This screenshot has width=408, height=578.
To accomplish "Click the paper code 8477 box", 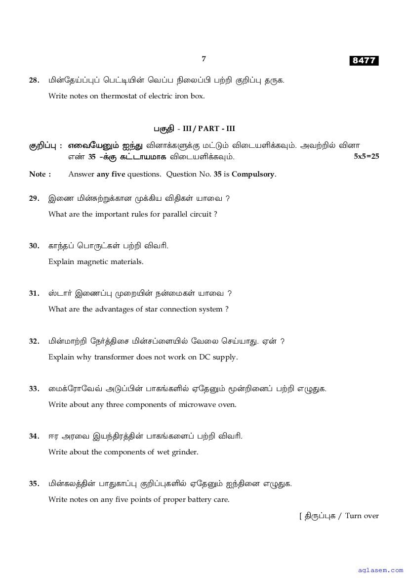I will (364, 61).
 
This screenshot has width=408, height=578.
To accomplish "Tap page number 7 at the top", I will (204, 59).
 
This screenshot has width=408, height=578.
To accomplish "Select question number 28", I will (34, 80).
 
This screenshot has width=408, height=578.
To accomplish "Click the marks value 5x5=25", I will (367, 156).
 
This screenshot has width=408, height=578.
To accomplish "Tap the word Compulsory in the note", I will (253, 174).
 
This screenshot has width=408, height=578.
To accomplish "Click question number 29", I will (34, 198).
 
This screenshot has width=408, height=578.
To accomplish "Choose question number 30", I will (34, 246).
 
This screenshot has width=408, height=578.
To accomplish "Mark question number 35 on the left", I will (34, 484).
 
